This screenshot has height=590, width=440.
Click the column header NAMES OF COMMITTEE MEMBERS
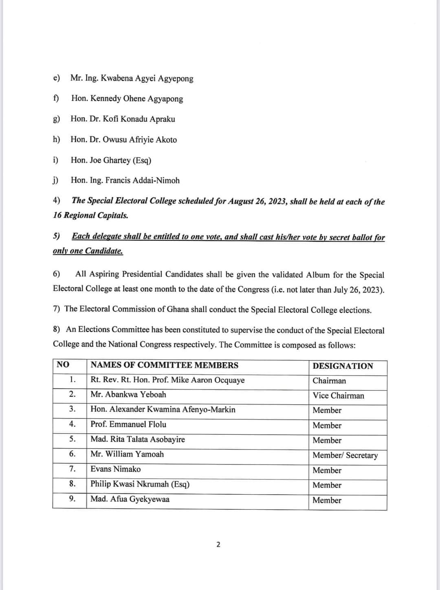coord(164,365)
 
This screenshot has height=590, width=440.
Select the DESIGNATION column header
coord(343,366)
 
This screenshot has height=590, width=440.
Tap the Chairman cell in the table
coord(329,381)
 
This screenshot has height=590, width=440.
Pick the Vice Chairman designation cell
coord(338,396)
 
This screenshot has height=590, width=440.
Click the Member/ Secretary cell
coord(345,455)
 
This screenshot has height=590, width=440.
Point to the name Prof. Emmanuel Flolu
coord(128,424)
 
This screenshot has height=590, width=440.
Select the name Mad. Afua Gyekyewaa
coord(130,499)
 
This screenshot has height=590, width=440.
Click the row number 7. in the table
coord(72,469)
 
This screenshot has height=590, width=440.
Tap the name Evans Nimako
coord(115,469)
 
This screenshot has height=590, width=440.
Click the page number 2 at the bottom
coord(218,545)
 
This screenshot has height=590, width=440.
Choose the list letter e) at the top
coord(57,78)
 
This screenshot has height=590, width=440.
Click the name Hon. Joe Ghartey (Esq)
coord(111,160)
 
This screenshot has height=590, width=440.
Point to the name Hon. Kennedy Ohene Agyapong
coord(127,99)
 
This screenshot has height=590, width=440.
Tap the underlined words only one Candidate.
coord(88,251)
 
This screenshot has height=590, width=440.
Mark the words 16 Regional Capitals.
coord(90,216)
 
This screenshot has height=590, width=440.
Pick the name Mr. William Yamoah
coord(127,454)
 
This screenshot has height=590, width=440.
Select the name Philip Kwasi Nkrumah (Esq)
coord(140,484)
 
